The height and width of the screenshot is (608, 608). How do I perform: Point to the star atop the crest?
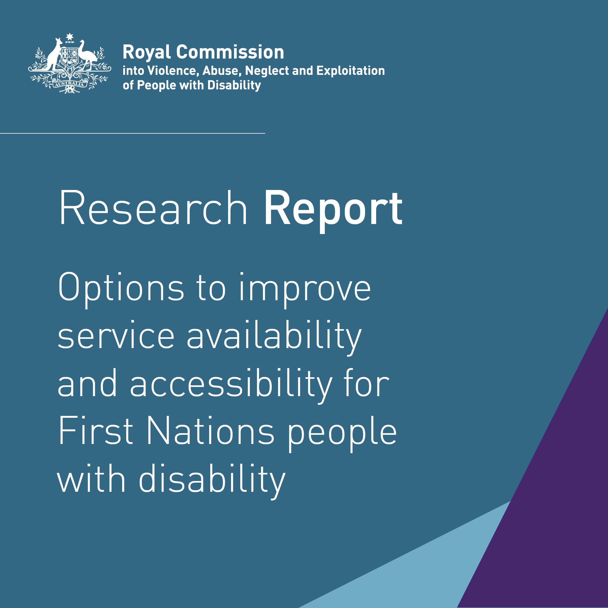pos(69,37)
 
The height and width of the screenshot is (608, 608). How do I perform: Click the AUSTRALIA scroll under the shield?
pos(69,84)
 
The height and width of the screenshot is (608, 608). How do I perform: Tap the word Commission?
pos(230,52)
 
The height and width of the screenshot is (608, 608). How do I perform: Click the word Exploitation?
pos(350,71)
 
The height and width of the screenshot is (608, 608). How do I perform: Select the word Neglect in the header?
pos(268,71)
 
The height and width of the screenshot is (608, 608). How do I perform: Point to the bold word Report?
pos(333,209)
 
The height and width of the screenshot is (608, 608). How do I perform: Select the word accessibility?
pos(231,385)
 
